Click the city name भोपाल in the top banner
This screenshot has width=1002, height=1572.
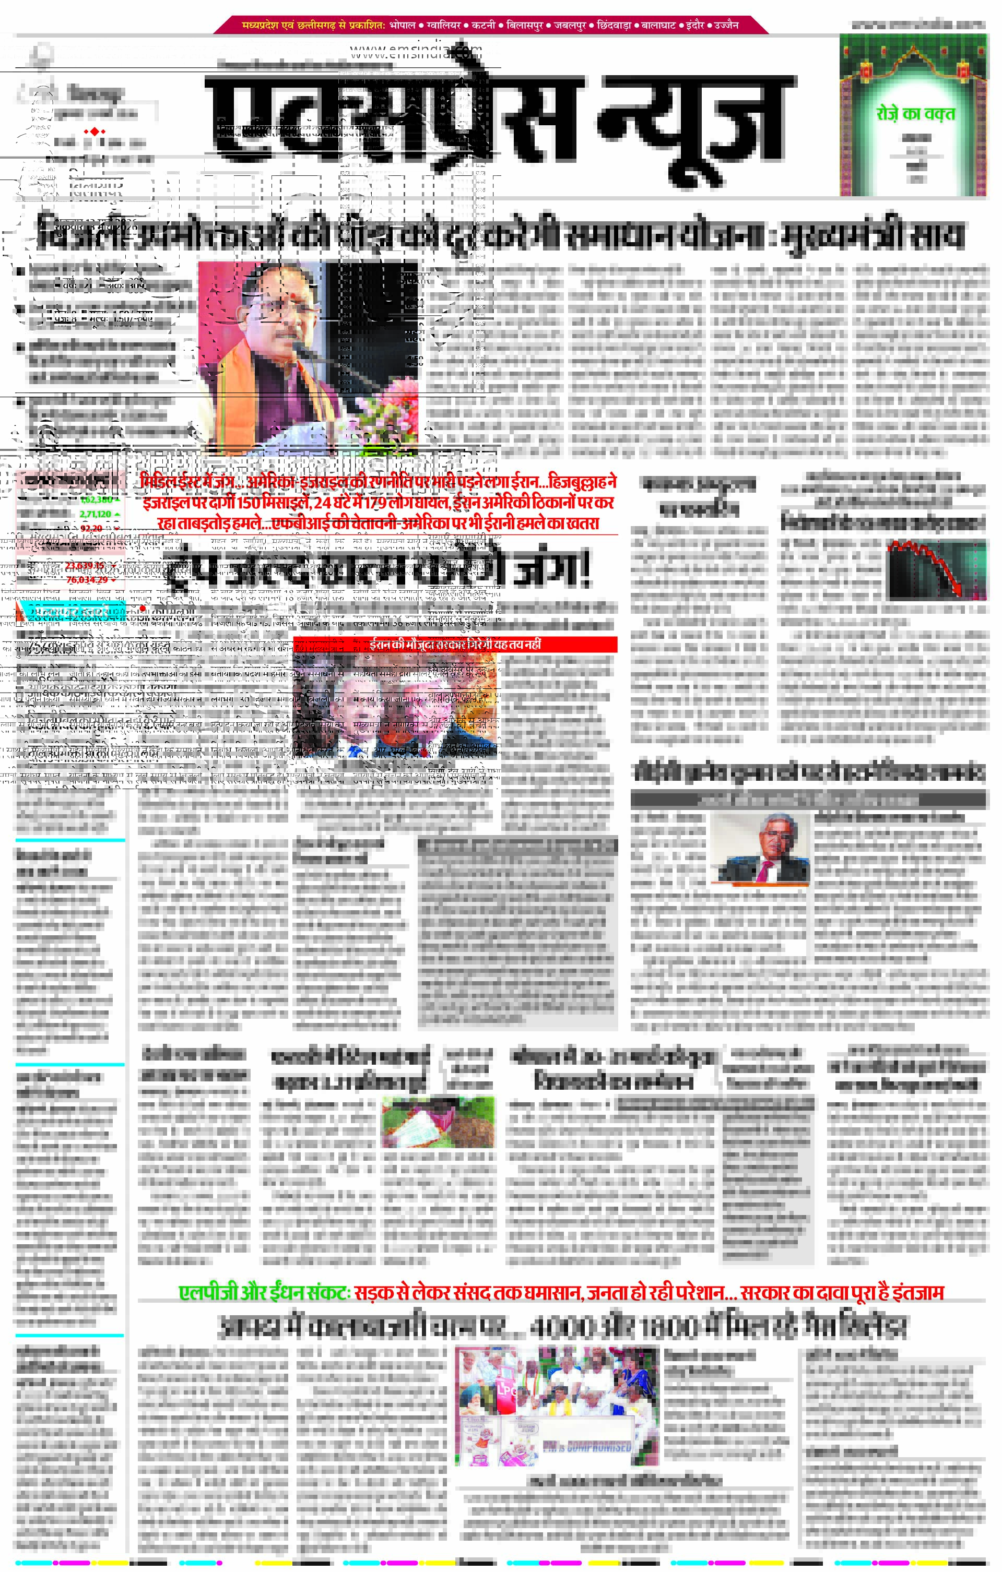point(403,25)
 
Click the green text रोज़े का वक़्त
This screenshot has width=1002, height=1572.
point(915,114)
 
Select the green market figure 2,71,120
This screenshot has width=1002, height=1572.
point(96,514)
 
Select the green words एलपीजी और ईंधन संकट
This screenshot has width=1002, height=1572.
point(265,1293)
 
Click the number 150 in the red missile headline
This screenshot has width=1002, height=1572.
point(248,503)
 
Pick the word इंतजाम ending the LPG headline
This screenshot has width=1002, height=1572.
point(918,1293)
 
